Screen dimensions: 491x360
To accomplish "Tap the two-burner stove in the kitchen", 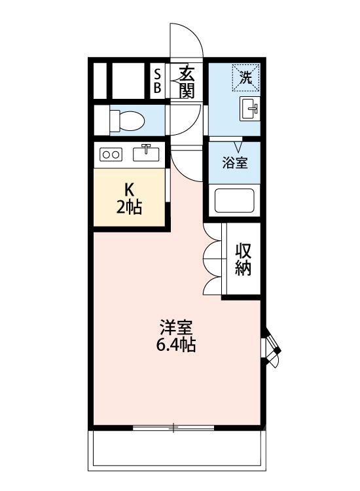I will tap(110, 155).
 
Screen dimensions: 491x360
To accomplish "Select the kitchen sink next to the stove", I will tap(147, 153).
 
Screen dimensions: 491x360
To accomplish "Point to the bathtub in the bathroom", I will tap(234, 201).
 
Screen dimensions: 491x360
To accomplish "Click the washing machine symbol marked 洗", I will tap(245, 77).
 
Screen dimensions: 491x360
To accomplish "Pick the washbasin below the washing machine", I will tap(250, 109).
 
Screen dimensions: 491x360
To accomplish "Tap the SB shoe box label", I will tap(157, 81).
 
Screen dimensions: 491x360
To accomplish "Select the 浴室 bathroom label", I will tap(234, 163).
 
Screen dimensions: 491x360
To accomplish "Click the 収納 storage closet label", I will tap(243, 260).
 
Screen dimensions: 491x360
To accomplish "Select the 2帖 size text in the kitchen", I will tap(130, 208).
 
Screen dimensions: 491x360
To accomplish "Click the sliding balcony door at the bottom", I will tap(173, 428).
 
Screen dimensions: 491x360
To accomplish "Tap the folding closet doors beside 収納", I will tap(213, 260).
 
